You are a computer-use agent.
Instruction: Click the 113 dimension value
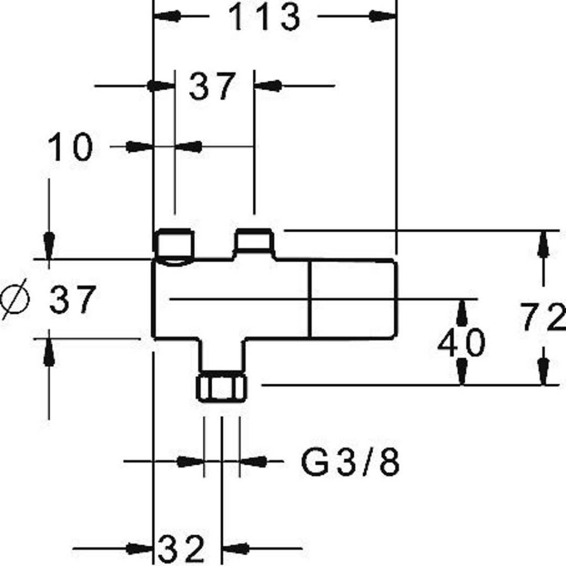pos(264,17)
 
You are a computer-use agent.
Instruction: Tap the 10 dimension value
pos(70,146)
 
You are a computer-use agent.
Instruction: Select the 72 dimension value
pos(543,317)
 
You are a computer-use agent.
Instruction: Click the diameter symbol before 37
pos(15,299)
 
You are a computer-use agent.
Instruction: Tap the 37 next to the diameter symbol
pos(72,299)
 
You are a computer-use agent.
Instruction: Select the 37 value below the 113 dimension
pos(212,86)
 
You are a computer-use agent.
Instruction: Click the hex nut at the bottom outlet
pos(222,388)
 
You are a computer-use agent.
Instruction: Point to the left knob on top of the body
pos(174,244)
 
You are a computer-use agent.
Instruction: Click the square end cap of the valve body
pos(354,299)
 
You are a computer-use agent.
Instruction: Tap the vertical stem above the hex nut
pos(222,355)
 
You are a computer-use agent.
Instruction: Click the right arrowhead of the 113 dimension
pos(383,16)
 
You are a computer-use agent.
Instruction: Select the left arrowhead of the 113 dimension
pos(167,16)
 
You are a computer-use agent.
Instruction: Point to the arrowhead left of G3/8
pos(191,461)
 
